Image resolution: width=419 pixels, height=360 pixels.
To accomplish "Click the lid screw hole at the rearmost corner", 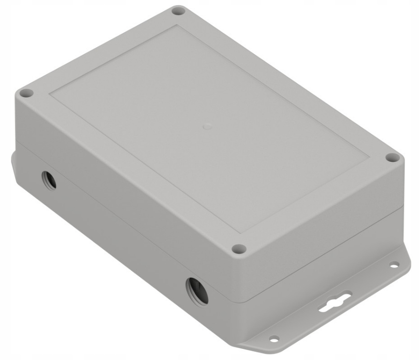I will coord(178,10).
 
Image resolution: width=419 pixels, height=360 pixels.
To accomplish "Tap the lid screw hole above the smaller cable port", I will coord(27,93).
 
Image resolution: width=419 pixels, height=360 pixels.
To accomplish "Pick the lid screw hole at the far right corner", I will coord(393,158).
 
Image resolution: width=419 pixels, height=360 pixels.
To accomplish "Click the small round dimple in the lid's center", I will coord(207,126).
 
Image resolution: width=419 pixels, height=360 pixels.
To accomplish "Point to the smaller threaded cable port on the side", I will coord(49,180).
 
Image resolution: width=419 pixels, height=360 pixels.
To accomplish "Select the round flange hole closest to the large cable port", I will coord(274,338).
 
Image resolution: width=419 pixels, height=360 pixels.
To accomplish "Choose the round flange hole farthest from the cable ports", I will coord(394,264).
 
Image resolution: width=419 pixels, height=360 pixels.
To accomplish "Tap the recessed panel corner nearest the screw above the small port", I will coord(51,95).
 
